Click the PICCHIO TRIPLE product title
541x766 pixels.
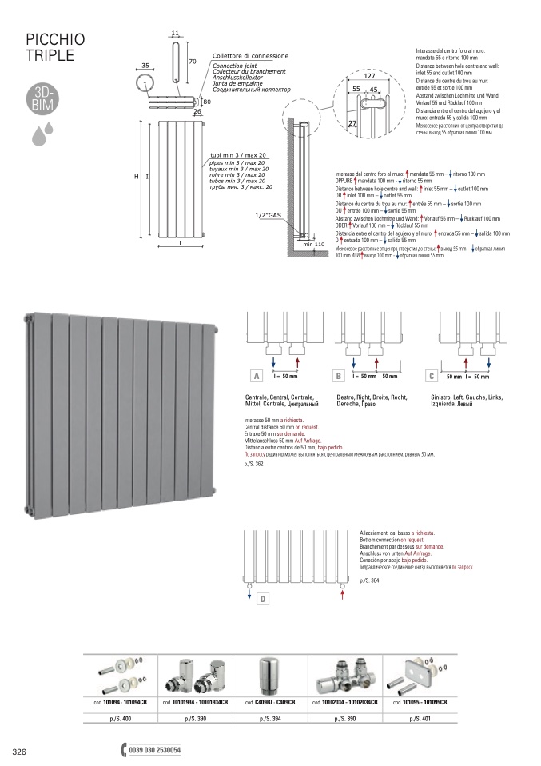[55, 48]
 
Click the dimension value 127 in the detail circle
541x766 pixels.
[369, 77]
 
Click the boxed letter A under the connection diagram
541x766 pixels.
[257, 376]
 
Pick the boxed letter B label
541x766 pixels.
[339, 376]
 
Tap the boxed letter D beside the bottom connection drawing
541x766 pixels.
[263, 599]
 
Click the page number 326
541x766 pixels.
[20, 752]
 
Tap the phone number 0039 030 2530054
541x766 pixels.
[155, 752]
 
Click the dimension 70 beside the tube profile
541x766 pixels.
[192, 61]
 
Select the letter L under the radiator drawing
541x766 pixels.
[181, 242]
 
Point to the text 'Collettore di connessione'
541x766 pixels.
[250, 57]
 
